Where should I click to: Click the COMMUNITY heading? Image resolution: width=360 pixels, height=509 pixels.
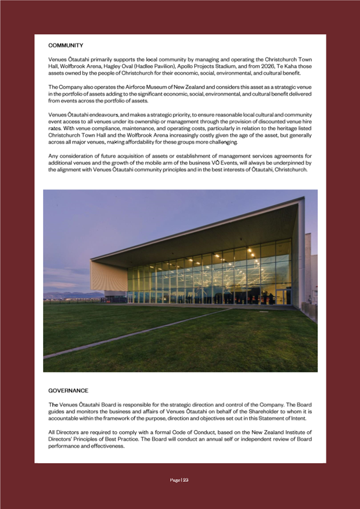[x=66, y=45]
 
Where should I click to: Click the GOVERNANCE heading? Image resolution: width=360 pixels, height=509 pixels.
[x=68, y=391]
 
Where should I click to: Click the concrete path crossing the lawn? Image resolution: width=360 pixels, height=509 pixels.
[x=133, y=334]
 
